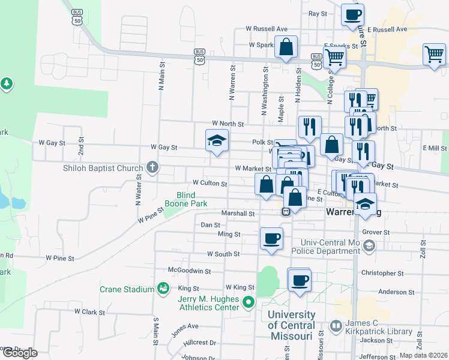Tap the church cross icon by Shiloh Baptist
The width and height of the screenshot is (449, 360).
[152, 167]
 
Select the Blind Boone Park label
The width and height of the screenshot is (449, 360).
[191, 199]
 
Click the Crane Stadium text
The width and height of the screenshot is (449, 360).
[127, 289]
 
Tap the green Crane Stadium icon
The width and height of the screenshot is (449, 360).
[162, 289]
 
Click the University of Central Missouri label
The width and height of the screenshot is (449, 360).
[292, 325]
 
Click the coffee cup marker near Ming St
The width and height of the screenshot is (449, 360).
[271, 238]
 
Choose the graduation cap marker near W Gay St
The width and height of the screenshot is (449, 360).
[217, 141]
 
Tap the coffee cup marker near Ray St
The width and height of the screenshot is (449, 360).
[352, 14]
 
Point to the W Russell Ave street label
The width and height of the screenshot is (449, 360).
[267, 28]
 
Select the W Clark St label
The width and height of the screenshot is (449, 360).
[89, 312]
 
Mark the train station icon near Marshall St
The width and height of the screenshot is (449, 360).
[287, 211]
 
